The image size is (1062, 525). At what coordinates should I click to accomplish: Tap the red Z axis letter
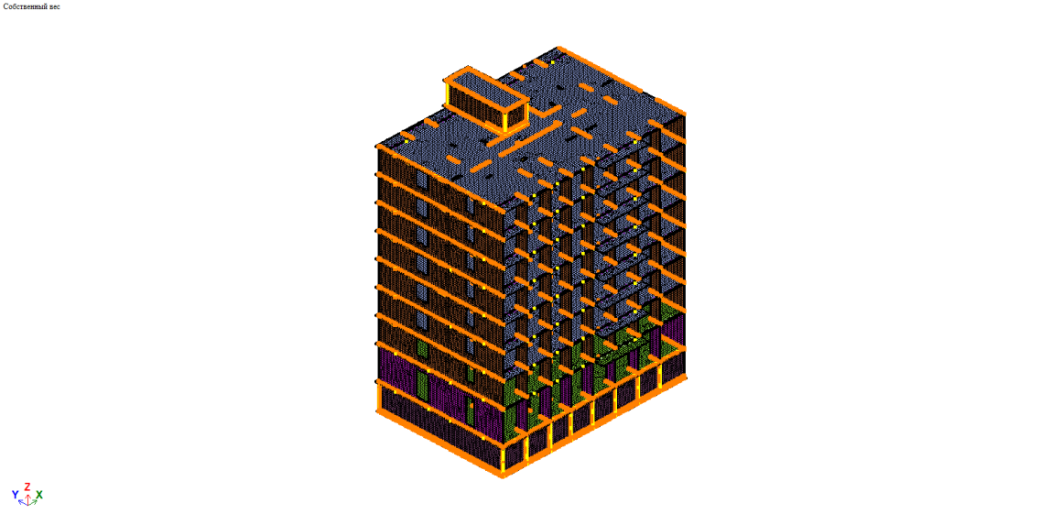point(27,487)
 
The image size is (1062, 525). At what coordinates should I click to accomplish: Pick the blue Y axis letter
point(15,495)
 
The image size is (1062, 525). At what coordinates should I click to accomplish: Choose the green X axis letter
point(39,495)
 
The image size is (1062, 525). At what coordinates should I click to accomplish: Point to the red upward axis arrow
point(27,496)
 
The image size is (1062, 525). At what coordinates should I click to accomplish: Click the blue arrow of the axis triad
point(22,502)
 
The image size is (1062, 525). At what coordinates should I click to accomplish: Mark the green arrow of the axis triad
point(32,502)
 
